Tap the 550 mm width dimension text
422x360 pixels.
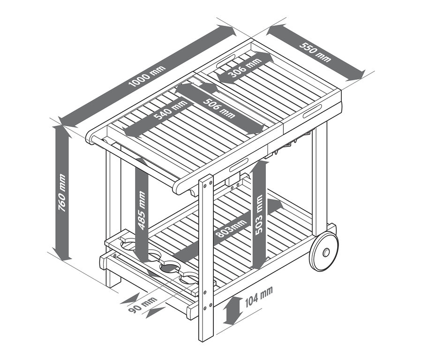point(315,51)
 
